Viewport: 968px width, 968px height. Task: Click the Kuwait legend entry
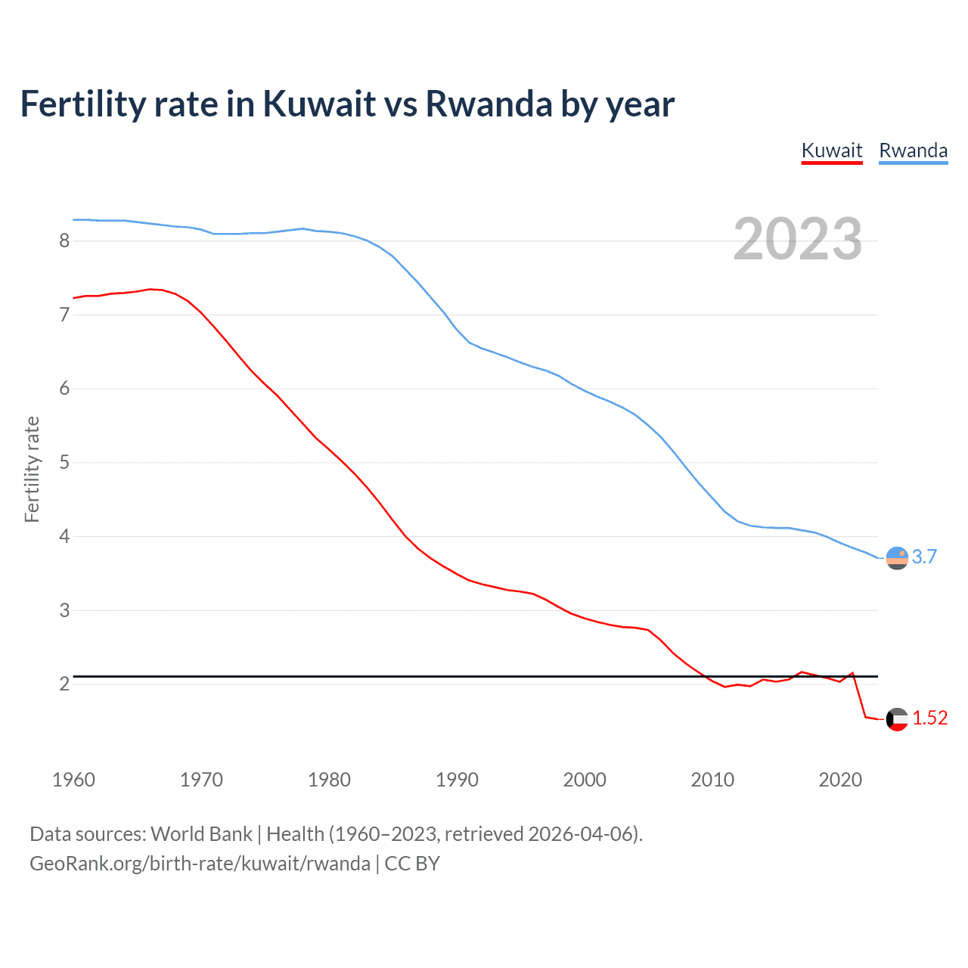click(832, 150)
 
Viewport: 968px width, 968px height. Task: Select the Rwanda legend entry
click(913, 150)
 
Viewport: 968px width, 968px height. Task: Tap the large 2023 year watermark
click(798, 239)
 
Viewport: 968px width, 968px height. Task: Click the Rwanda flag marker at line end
click(897, 558)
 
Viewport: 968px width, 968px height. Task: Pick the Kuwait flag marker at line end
click(897, 719)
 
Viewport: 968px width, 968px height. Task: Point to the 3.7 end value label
click(924, 557)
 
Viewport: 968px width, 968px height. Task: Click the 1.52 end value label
click(929, 718)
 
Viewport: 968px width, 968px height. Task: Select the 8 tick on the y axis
click(64, 241)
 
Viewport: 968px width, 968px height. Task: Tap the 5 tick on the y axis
click(64, 462)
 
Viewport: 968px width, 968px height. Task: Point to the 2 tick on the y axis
click(64, 684)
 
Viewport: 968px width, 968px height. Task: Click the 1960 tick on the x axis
click(73, 780)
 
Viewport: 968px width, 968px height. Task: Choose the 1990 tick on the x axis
click(457, 780)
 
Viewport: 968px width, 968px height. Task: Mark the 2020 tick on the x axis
click(840, 780)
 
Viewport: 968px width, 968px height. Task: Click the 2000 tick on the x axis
click(585, 780)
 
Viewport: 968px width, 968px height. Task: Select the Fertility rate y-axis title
click(32, 469)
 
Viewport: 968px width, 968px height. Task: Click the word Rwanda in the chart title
click(489, 104)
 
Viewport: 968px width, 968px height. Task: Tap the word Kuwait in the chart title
click(319, 104)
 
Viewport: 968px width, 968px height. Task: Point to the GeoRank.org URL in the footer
click(200, 864)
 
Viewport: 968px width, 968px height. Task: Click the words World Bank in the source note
click(201, 834)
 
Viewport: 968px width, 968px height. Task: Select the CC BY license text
click(412, 864)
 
